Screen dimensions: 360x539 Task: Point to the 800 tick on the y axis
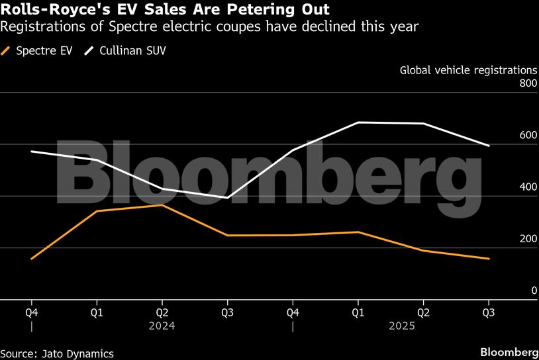pyautogui.click(x=527, y=83)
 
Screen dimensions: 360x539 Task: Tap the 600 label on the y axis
pyautogui.click(x=527, y=135)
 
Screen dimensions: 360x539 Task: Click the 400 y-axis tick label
pyautogui.click(x=527, y=187)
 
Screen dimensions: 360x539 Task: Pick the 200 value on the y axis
pyautogui.click(x=527, y=239)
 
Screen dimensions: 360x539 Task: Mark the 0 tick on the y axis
pyautogui.click(x=533, y=291)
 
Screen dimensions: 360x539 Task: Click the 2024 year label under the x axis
pyautogui.click(x=162, y=326)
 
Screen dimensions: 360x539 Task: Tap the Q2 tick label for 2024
pyautogui.click(x=162, y=312)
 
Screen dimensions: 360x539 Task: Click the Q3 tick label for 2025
pyautogui.click(x=489, y=312)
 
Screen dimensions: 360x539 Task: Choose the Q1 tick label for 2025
pyautogui.click(x=358, y=312)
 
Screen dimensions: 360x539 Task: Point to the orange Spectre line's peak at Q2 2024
pyautogui.click(x=162, y=205)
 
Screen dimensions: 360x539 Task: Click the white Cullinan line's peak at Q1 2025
pyautogui.click(x=358, y=122)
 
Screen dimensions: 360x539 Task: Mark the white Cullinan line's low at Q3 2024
pyautogui.click(x=227, y=198)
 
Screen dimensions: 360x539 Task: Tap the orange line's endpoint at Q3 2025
pyautogui.click(x=489, y=259)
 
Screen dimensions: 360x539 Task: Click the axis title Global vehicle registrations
pyautogui.click(x=468, y=69)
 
